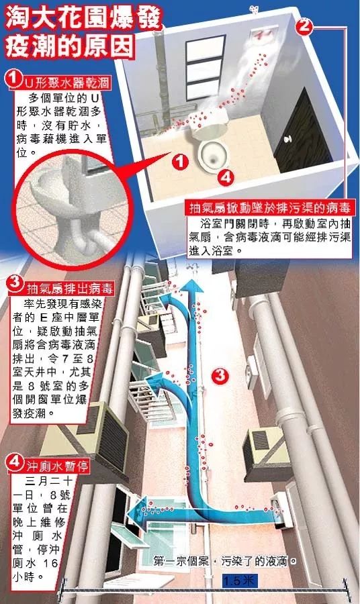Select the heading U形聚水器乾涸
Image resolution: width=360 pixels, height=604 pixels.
(x=66, y=83)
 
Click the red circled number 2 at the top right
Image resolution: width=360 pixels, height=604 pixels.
(x=304, y=26)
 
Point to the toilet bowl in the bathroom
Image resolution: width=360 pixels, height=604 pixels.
(x=210, y=145)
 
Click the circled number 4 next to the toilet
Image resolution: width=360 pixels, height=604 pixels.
(x=226, y=178)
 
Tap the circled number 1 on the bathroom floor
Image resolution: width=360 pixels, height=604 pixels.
(x=179, y=161)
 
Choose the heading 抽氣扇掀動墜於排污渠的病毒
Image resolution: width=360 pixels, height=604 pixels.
(x=270, y=209)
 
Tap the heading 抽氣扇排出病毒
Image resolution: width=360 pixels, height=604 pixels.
(x=70, y=289)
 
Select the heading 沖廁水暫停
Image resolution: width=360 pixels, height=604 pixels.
(x=58, y=466)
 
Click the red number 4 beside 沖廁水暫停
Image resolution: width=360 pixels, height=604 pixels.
(x=15, y=462)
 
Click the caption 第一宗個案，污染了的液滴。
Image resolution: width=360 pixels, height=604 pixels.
(x=226, y=561)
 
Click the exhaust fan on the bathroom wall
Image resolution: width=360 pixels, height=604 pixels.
(x=265, y=34)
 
